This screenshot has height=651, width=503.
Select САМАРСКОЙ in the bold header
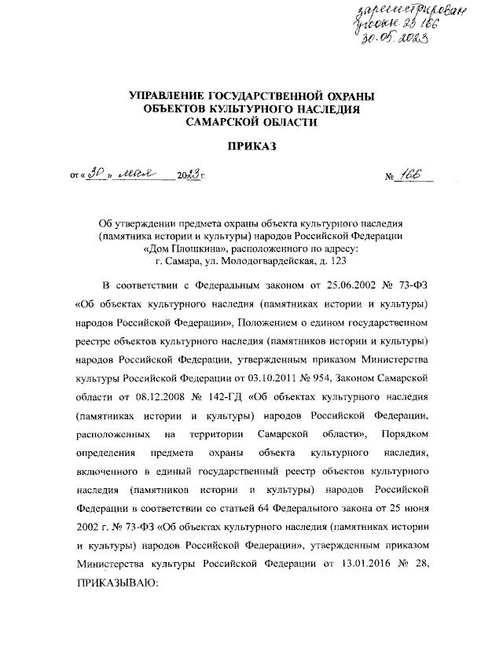(229, 123)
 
